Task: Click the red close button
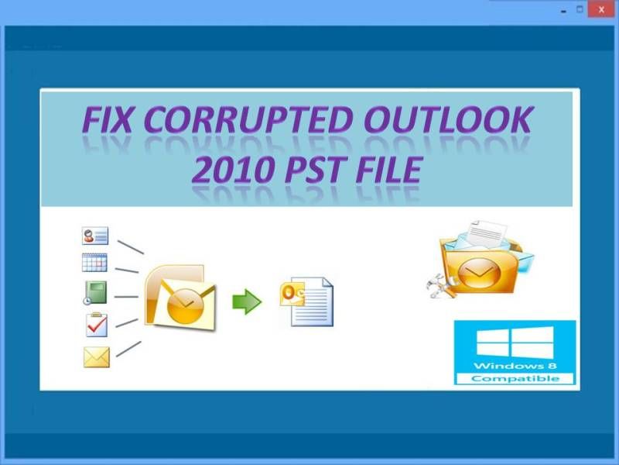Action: tap(601, 9)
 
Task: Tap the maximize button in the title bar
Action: tap(580, 9)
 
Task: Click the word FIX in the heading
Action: tap(107, 119)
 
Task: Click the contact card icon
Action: tap(94, 236)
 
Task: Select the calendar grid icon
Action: tap(94, 263)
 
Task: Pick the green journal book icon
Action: tap(95, 293)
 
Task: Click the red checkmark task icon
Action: tap(96, 325)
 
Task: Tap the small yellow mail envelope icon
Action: tap(96, 357)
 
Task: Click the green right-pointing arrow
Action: tap(247, 301)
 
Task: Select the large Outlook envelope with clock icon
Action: tap(180, 297)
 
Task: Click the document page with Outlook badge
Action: tap(306, 301)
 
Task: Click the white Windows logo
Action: tap(515, 343)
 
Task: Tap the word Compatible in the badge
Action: tap(515, 379)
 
